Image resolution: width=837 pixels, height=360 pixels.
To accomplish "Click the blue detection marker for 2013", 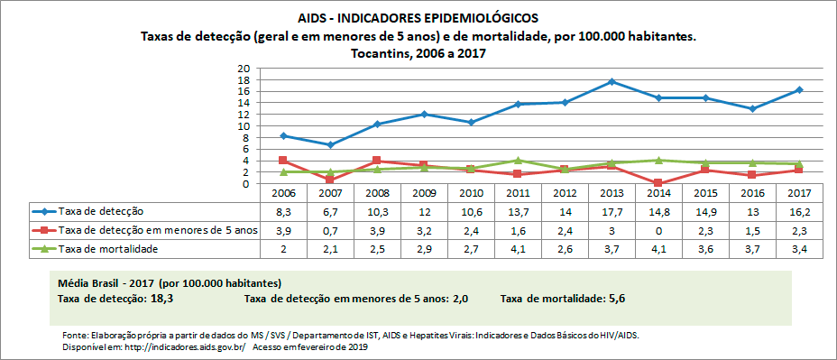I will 612,81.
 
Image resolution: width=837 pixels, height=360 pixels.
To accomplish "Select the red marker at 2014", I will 659,183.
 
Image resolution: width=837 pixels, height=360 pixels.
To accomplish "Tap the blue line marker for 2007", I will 330,144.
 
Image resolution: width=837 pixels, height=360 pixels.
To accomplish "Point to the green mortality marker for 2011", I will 518,161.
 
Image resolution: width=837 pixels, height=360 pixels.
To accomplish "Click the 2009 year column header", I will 424,192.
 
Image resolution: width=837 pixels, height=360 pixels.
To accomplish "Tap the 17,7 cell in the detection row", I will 612,210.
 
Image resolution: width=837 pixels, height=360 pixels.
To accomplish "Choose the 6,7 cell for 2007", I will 330,210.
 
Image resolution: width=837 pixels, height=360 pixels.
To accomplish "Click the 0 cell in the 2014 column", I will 659,229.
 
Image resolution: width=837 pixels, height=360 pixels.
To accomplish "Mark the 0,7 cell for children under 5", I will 330,229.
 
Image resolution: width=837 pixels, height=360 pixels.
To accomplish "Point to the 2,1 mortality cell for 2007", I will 330,248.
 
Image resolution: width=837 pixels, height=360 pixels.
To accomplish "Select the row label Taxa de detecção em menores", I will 144,229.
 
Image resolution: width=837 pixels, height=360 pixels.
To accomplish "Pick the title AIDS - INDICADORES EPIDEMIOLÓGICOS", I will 419,18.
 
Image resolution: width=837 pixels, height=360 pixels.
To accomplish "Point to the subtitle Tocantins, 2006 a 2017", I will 419,53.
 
